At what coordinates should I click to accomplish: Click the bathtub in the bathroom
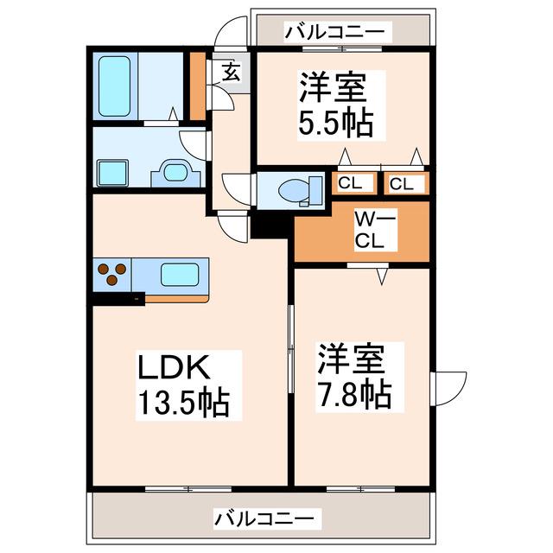(x=114, y=86)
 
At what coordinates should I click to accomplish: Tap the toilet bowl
(x=300, y=191)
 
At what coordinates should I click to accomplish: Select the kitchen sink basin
(x=180, y=275)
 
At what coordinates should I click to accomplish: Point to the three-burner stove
(x=112, y=275)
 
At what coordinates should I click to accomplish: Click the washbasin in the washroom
(x=175, y=173)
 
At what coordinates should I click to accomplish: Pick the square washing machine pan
(x=112, y=173)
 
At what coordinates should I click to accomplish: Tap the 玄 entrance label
(x=232, y=72)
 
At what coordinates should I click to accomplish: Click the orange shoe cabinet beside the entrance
(x=198, y=86)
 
